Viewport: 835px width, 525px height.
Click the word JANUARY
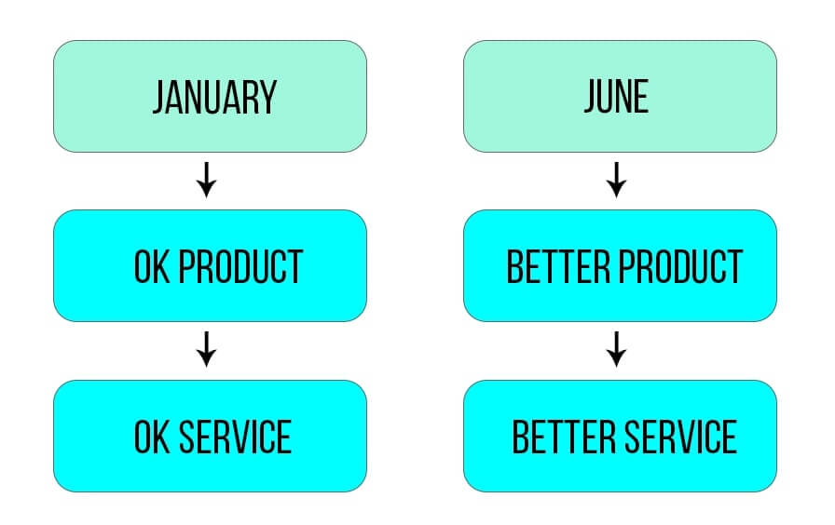pos(214,97)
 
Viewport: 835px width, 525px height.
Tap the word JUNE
pos(616,96)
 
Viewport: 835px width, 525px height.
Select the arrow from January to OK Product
pos(206,180)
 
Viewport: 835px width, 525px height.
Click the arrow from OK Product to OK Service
pos(206,349)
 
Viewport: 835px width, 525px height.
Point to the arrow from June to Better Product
pos(616,180)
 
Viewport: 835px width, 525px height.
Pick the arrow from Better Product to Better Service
pos(616,349)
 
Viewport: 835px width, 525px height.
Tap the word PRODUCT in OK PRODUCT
pos(240,266)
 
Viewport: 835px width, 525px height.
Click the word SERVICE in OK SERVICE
pos(236,437)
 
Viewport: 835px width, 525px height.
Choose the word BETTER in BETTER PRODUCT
pos(557,266)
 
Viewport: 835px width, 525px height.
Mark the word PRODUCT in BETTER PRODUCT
pos(680,266)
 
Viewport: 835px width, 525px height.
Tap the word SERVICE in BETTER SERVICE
pos(680,437)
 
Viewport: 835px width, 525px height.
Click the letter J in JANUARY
pos(159,97)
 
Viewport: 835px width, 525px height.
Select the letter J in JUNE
pos(591,96)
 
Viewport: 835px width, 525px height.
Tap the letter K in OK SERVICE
pos(161,437)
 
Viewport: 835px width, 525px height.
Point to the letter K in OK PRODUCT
pos(161,266)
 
